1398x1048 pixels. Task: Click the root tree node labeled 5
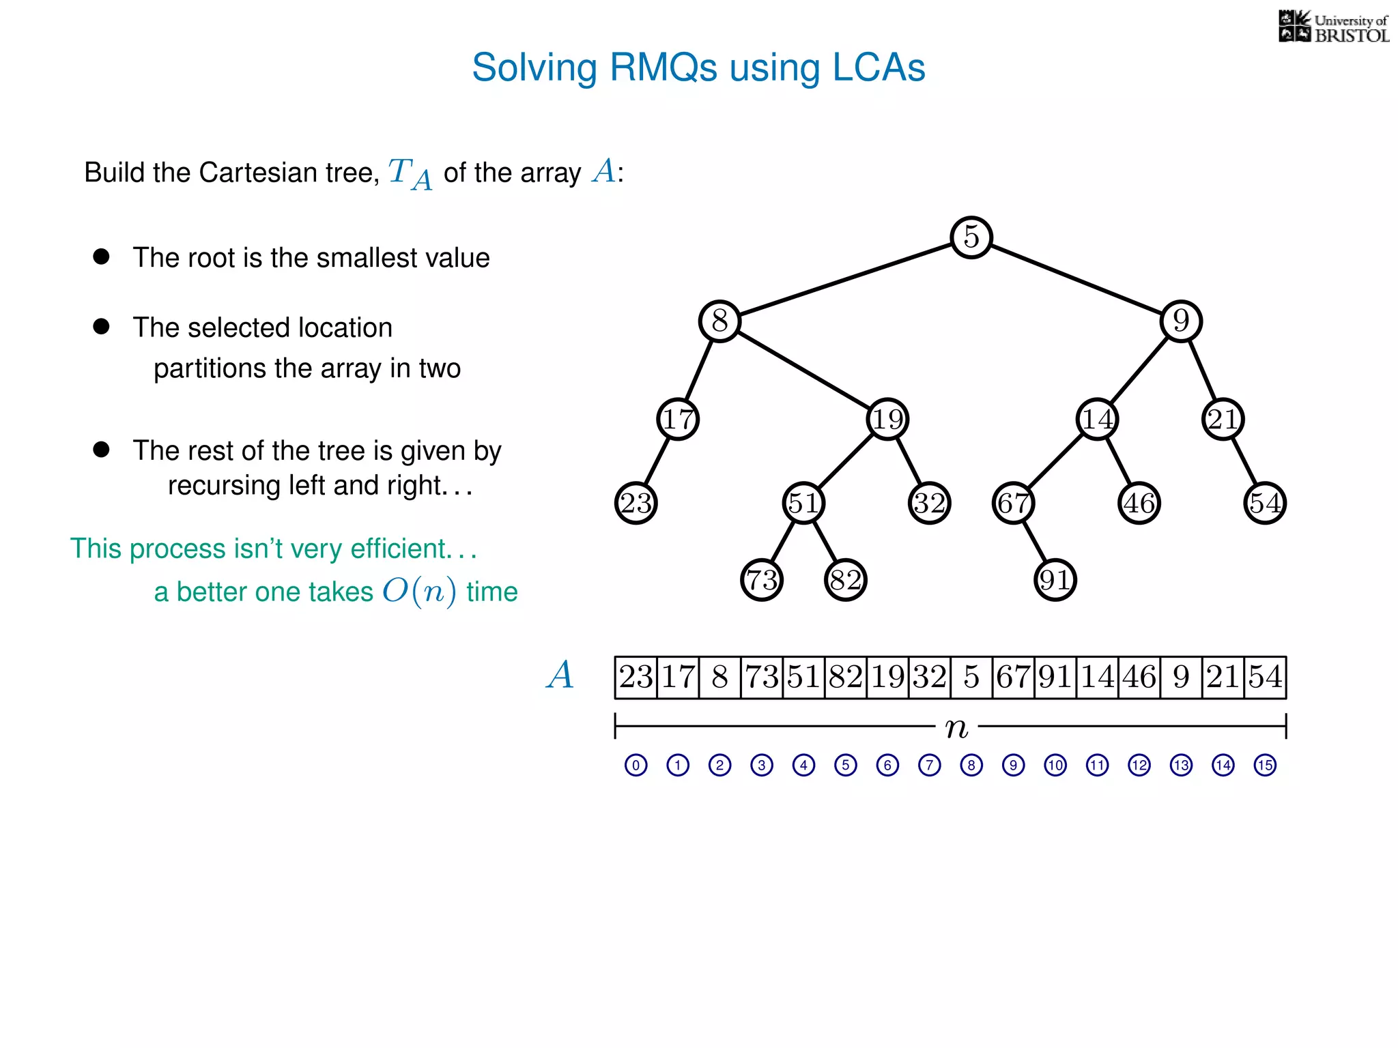(x=971, y=237)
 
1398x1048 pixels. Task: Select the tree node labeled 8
(x=719, y=321)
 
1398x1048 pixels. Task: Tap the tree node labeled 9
(x=1181, y=321)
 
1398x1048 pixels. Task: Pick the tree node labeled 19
(x=887, y=419)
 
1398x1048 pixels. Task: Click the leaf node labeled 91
(x=1055, y=580)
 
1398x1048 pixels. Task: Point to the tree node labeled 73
(x=762, y=580)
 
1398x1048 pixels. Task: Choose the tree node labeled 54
(x=1265, y=504)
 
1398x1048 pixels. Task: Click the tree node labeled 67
(x=1013, y=504)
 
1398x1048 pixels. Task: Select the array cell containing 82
(x=846, y=678)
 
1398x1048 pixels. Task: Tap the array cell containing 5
(x=971, y=678)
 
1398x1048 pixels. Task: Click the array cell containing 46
(x=1139, y=678)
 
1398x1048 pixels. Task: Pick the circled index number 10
(x=1055, y=765)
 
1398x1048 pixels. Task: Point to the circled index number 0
(x=636, y=765)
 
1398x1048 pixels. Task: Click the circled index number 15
(x=1265, y=765)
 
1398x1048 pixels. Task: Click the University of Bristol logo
(x=1333, y=27)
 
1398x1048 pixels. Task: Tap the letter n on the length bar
(x=956, y=727)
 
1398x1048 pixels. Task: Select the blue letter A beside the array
(x=560, y=675)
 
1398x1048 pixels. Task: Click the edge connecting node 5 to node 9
(x=1076, y=279)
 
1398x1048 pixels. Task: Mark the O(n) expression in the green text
(x=419, y=591)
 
